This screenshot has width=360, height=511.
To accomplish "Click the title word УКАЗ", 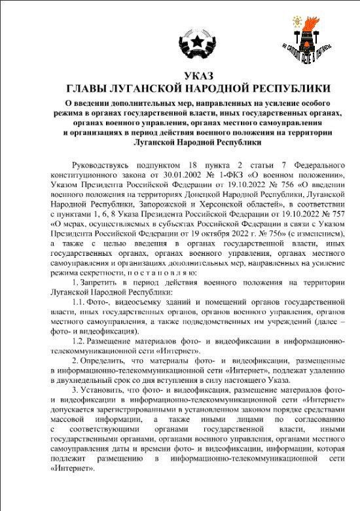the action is click(180, 76).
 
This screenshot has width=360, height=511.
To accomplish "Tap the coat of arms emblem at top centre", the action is click(180, 39).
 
